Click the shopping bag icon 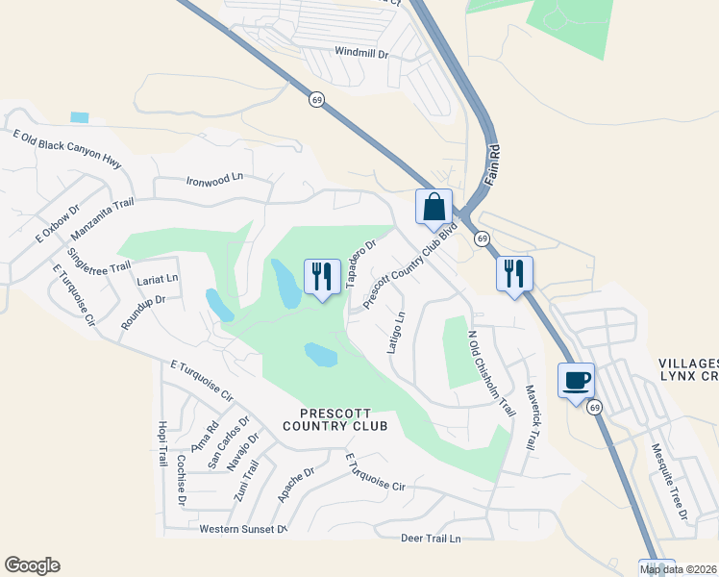coord(434,206)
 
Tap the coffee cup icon coord(577,380)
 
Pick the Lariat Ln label coord(158,278)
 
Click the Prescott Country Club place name coord(335,418)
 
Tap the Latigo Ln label coord(395,332)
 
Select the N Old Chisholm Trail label coord(489,374)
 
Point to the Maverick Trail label coord(529,418)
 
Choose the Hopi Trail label coord(161,443)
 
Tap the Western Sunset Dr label coord(243,529)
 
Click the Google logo coord(32,565)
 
